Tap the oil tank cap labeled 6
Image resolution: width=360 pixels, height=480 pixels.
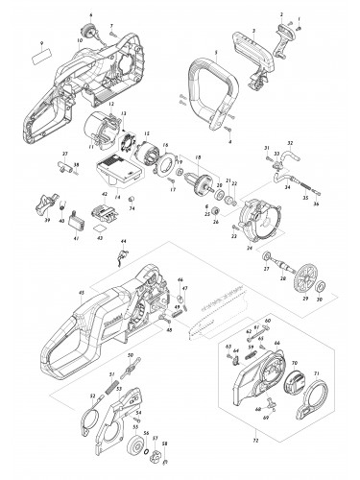point(92,32)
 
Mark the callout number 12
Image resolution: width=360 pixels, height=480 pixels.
point(111,104)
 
